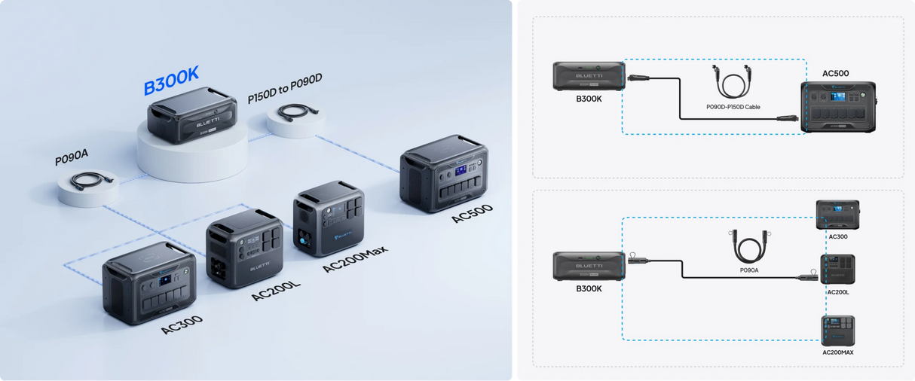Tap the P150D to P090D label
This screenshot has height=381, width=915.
285,99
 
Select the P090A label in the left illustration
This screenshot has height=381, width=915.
72,160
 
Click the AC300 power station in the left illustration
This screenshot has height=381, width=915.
149,282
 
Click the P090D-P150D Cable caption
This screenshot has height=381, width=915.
732,107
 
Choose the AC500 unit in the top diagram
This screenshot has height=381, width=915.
837,107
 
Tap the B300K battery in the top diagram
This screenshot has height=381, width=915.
588,76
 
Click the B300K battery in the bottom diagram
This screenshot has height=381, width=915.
588,267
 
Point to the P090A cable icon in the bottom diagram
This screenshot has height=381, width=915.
748,244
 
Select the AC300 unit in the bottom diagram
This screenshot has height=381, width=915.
837,215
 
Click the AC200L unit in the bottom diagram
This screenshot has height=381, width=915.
837,270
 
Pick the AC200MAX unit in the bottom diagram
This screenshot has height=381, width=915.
837,331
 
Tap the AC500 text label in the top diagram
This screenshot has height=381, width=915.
835,74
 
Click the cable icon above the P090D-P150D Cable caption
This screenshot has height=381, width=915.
731,83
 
